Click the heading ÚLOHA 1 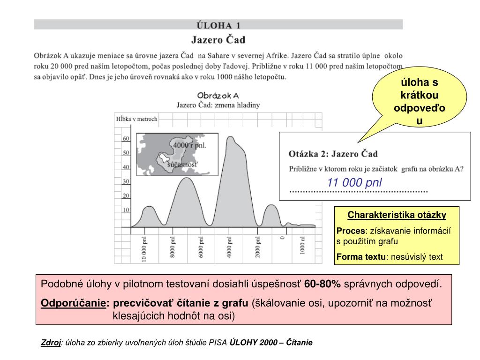point(218,24)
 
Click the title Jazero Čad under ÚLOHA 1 point(218,39)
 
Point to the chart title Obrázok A point(218,95)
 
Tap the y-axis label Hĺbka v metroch point(136,119)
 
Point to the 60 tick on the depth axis point(126,139)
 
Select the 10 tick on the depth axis point(126,210)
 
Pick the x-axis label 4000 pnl point(230,247)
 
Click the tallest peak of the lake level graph point(231,138)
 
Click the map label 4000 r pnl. point(190,145)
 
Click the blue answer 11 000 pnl point(354,182)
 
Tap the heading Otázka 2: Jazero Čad point(333,154)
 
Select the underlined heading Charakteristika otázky point(397,215)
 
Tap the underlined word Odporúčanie point(73,303)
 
